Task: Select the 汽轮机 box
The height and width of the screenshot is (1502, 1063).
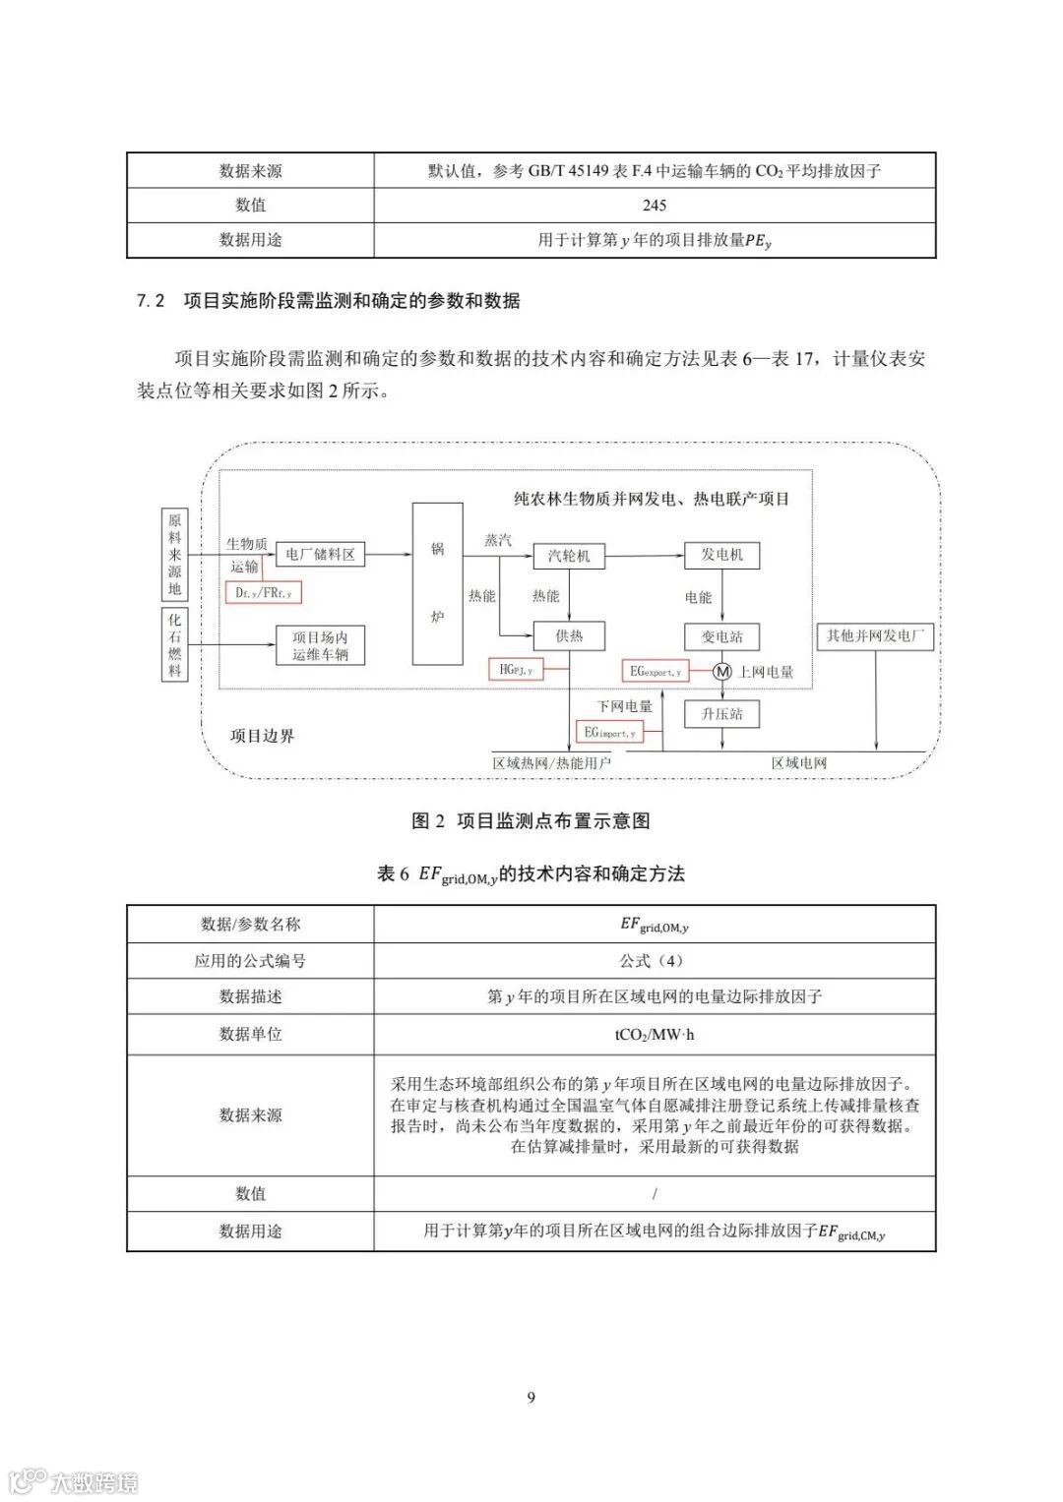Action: point(569,556)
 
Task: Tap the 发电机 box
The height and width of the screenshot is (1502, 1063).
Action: point(721,556)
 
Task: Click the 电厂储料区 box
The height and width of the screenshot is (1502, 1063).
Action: point(320,555)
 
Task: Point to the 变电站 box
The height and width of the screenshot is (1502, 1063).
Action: point(721,636)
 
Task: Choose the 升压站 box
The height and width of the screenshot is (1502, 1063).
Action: point(721,714)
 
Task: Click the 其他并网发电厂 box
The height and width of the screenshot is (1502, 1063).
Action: point(875,635)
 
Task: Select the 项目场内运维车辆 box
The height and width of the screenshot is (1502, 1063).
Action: point(320,645)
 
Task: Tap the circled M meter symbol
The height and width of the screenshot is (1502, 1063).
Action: point(722,672)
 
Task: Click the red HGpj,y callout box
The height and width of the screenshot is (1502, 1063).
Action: point(516,670)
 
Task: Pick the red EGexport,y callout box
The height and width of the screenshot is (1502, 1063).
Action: point(655,672)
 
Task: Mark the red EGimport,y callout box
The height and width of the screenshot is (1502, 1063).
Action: point(610,732)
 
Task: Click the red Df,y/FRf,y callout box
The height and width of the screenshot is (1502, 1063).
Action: point(264,593)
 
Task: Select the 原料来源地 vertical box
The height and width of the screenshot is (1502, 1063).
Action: point(174,555)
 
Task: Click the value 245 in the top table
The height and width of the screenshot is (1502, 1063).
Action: point(654,206)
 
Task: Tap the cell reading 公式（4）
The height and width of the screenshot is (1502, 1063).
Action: point(654,961)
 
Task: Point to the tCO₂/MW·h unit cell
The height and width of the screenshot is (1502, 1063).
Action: point(654,1034)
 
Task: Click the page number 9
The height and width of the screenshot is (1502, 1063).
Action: point(531,1398)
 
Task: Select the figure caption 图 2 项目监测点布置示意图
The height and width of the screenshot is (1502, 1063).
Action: point(531,821)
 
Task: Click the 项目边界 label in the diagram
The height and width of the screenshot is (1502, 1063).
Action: point(262,736)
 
